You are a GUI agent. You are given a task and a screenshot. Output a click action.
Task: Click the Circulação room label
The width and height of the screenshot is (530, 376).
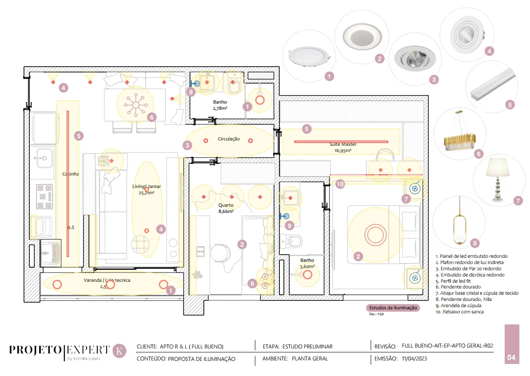(228, 139)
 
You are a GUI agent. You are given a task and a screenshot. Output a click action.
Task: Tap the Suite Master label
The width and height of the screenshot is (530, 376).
(343, 144)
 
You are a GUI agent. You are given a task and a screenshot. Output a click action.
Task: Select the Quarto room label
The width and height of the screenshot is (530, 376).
(226, 205)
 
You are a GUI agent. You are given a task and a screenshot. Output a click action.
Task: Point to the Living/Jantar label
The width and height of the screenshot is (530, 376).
(146, 186)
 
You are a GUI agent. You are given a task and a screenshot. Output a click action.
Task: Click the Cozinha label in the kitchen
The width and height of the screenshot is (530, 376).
(70, 174)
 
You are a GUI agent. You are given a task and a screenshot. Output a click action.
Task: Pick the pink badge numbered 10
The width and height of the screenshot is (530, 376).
(340, 184)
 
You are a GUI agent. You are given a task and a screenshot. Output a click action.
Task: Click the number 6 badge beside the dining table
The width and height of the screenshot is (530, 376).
(151, 117)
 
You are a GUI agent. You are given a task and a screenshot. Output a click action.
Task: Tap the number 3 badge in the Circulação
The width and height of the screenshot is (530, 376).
(187, 145)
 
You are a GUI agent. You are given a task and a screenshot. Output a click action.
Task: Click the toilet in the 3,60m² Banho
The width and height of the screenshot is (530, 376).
(291, 241)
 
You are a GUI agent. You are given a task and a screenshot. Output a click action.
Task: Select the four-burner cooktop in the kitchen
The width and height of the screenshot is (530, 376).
(44, 196)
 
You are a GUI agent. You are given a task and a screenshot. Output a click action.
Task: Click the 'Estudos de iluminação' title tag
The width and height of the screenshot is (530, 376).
(393, 308)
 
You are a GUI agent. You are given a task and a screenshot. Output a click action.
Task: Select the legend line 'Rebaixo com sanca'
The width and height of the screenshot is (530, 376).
(460, 312)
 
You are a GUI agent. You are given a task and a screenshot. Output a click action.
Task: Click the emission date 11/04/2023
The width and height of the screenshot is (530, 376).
(414, 358)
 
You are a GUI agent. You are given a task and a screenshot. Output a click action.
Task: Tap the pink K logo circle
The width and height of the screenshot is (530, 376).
(120, 351)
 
